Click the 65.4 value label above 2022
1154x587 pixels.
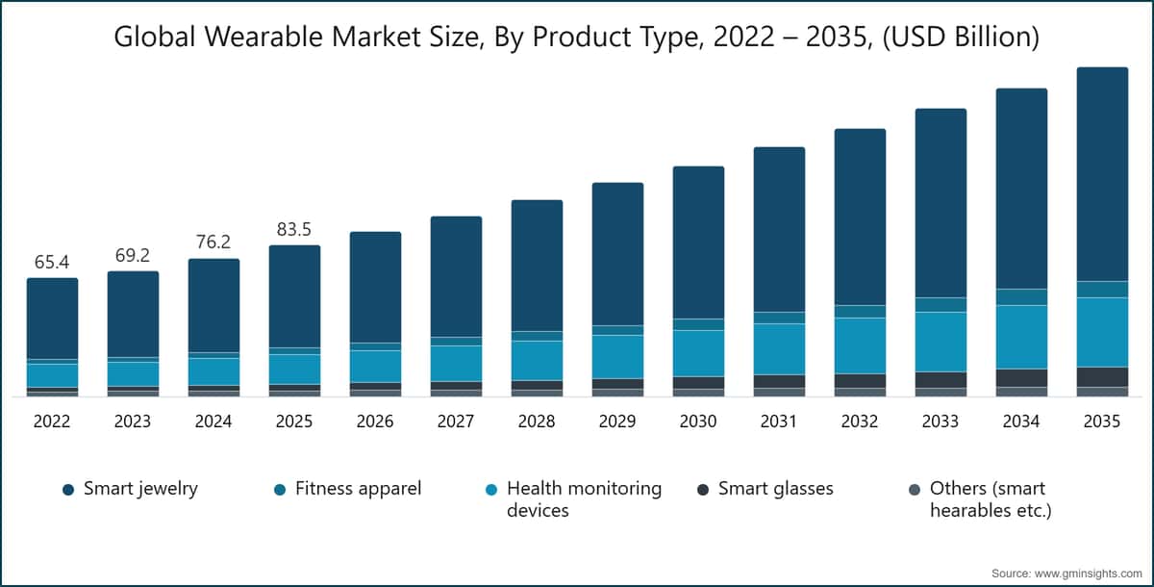(x=52, y=262)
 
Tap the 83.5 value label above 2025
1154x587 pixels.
(x=293, y=229)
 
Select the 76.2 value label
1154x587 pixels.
(x=213, y=242)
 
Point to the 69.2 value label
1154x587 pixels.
(x=133, y=255)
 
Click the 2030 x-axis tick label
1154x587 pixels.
(x=697, y=421)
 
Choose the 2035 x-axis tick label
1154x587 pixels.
(x=1101, y=421)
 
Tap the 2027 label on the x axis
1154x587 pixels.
(x=456, y=421)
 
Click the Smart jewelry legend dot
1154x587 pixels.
(x=68, y=490)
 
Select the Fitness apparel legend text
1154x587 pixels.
(x=358, y=489)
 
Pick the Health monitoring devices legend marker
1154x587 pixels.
(x=491, y=490)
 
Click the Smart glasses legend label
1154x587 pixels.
(x=775, y=489)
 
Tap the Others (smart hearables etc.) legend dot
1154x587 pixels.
(x=915, y=490)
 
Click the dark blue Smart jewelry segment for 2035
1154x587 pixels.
(x=1102, y=174)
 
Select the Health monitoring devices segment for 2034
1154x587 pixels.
(x=1021, y=337)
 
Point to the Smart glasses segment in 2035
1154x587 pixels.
(x=1102, y=377)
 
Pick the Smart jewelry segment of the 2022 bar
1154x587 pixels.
(x=53, y=319)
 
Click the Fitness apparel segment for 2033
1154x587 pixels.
(x=941, y=305)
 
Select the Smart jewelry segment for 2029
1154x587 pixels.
(x=617, y=254)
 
